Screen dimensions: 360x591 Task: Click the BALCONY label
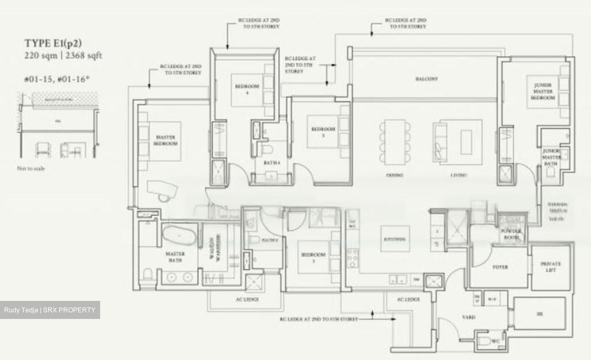[x=426, y=79]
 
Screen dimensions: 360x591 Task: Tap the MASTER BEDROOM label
[x=166, y=140]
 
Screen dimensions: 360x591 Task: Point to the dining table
[x=394, y=142]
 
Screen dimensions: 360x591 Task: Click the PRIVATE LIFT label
[x=550, y=267]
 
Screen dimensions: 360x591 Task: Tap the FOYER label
[x=500, y=267]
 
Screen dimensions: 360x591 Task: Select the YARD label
[x=468, y=317]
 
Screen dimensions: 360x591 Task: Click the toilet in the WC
[x=486, y=342]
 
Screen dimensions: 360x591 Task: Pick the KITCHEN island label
[x=394, y=239]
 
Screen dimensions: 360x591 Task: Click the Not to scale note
[x=31, y=168]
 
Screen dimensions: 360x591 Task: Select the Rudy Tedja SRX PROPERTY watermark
[x=50, y=310]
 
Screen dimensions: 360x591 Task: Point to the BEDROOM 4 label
[x=247, y=89]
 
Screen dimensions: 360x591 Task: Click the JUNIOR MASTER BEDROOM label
[x=543, y=92]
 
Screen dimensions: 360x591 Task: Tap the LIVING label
[x=458, y=175]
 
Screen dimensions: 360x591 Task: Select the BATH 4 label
[x=272, y=163]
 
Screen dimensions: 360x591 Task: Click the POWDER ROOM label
[x=511, y=234]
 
